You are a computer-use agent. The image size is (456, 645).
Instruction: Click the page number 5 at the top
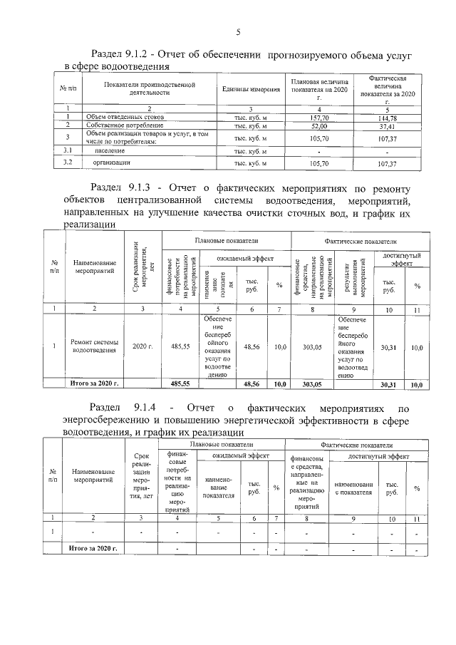pos(238,32)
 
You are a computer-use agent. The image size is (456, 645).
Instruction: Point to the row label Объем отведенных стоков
pos(125,116)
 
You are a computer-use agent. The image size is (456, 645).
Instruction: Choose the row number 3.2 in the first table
pos(68,163)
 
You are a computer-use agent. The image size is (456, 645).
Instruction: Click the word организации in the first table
pos(110,163)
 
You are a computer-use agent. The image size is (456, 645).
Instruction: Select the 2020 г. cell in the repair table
pos(144,346)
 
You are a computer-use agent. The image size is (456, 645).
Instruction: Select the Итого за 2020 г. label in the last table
pos(93,548)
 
